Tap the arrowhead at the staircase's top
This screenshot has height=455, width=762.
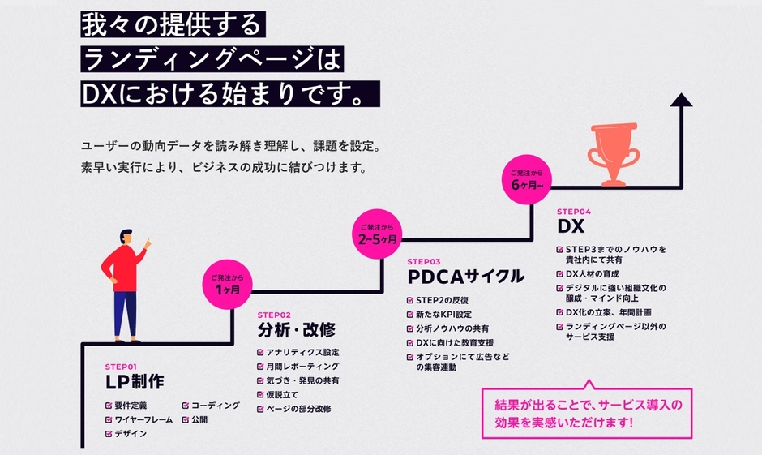point(682,100)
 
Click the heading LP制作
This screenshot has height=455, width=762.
point(135,383)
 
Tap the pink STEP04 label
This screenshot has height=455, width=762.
point(575,211)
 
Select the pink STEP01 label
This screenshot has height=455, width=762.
point(122,366)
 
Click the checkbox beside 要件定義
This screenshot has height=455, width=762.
point(109,406)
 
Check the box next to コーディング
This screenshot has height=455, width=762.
point(186,406)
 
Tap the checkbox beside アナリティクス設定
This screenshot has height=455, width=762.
point(261,353)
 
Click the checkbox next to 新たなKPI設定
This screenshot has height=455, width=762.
point(410,315)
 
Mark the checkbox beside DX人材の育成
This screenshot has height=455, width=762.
point(560,275)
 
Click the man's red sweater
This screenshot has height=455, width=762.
point(123,268)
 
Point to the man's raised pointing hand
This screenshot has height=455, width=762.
point(148,243)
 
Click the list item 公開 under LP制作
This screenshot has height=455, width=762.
point(199,420)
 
